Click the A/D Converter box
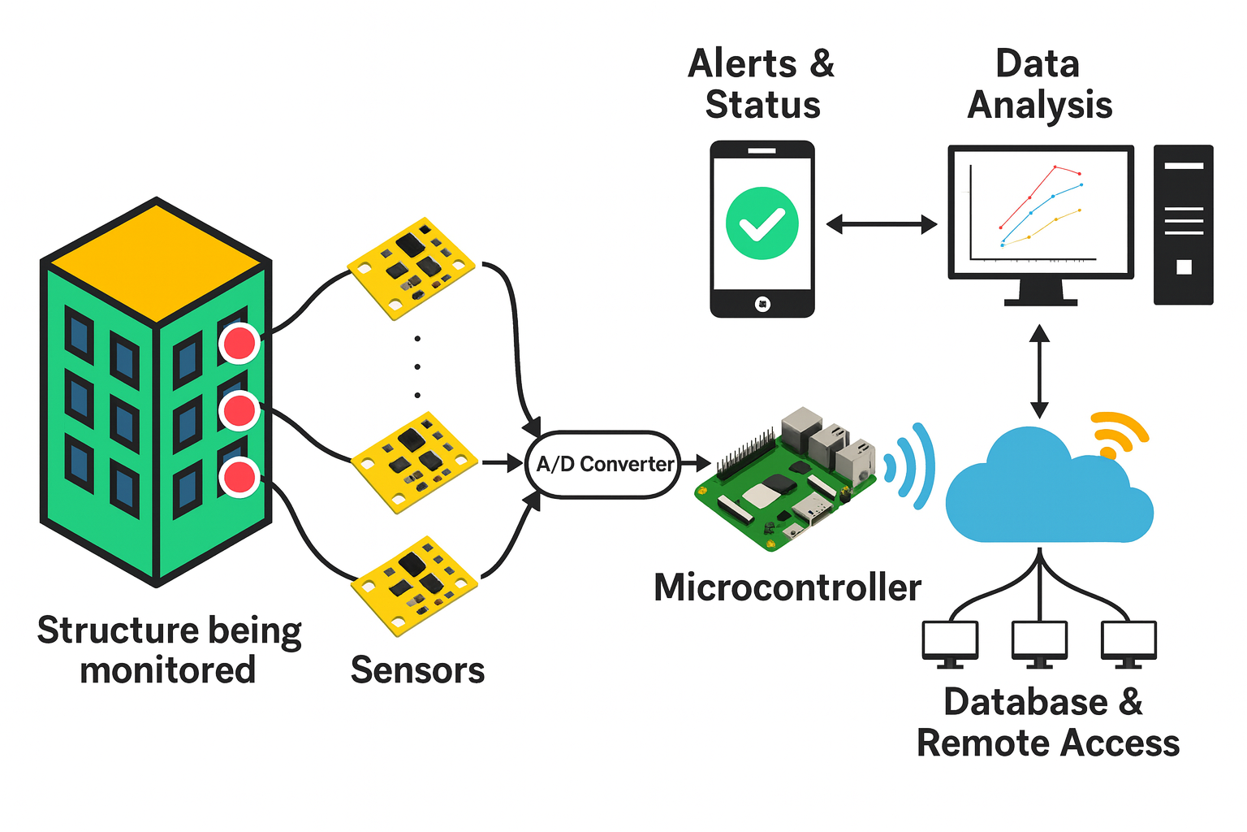click(603, 464)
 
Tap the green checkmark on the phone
click(762, 223)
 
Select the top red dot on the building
click(239, 343)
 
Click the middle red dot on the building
click(239, 410)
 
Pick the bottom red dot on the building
click(239, 477)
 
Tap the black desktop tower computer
click(1183, 225)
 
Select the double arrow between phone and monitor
click(881, 224)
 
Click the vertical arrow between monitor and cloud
click(1039, 371)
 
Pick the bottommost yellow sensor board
click(415, 585)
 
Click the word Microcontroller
click(787, 587)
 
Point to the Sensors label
click(417, 670)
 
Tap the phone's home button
click(762, 304)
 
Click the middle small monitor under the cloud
click(1039, 641)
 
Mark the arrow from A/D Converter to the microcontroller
click(696, 463)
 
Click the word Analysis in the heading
click(1040, 106)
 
